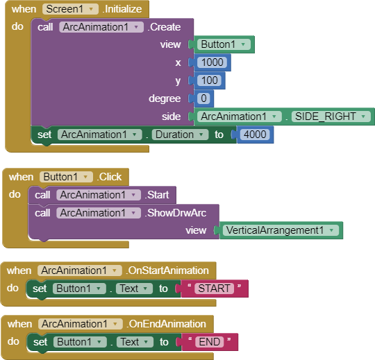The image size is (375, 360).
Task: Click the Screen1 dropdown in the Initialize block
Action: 70,9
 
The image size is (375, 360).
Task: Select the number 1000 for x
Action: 212,62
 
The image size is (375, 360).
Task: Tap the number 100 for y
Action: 210,80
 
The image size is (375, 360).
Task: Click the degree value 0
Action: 203,98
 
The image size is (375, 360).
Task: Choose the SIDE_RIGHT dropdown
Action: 331,117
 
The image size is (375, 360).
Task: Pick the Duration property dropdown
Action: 180,135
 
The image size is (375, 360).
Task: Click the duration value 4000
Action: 255,135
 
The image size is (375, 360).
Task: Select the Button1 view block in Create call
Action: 224,44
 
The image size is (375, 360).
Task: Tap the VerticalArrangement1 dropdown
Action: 281,230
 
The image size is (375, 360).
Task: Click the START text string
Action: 215,289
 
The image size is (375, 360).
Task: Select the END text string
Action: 210,342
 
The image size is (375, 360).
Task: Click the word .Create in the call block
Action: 164,27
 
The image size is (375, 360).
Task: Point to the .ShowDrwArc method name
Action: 176,213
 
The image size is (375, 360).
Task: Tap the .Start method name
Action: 157,195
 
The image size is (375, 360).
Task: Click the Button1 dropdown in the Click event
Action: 66,177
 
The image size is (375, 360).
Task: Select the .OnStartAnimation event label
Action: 167,271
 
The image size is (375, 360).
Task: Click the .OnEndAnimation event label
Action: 166,324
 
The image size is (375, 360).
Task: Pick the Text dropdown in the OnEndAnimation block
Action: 135,342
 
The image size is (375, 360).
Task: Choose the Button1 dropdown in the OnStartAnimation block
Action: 79,289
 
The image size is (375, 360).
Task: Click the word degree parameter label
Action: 165,98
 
